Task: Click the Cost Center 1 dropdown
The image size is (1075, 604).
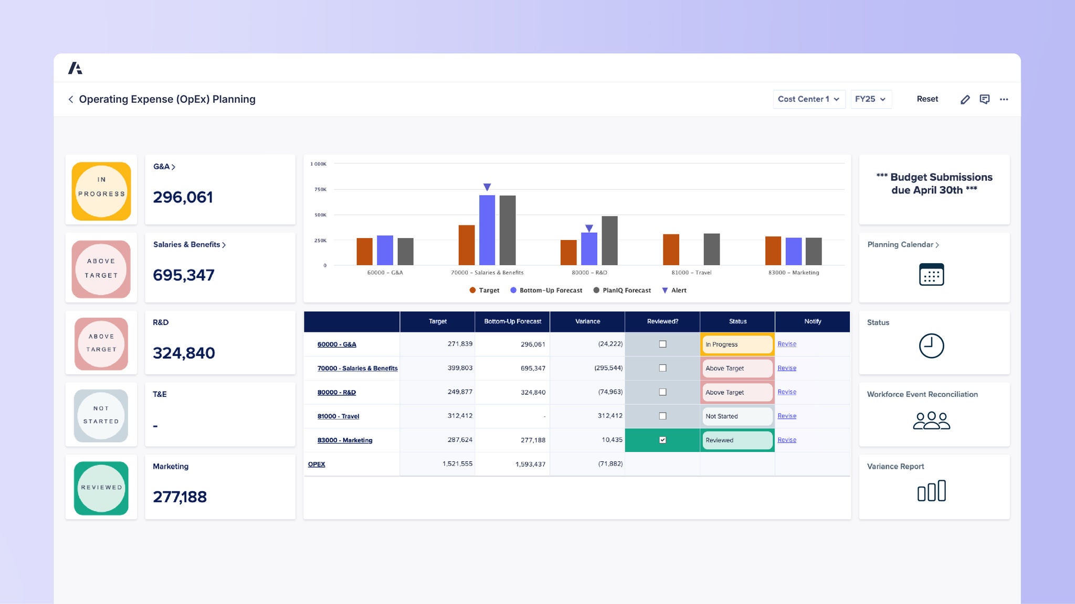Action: pyautogui.click(x=808, y=99)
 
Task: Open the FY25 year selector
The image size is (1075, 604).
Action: pyautogui.click(x=870, y=99)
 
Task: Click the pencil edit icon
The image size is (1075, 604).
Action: pyautogui.click(x=965, y=100)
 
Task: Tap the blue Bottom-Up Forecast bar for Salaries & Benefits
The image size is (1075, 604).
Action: pyautogui.click(x=487, y=230)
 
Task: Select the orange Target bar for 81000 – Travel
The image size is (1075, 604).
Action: pyautogui.click(x=671, y=250)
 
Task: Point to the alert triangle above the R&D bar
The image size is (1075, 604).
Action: pyautogui.click(x=589, y=229)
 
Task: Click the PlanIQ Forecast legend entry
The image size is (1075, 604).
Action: pyautogui.click(x=622, y=290)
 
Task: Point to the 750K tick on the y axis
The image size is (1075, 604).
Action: pyautogui.click(x=320, y=189)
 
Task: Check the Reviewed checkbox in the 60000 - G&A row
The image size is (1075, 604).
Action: pyautogui.click(x=662, y=344)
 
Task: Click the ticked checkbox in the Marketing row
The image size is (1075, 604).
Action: pyautogui.click(x=662, y=440)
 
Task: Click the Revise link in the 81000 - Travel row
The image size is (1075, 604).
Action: pyautogui.click(x=786, y=416)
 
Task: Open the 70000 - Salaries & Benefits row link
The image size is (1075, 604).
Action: pyautogui.click(x=357, y=369)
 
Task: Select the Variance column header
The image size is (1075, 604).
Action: pyautogui.click(x=587, y=321)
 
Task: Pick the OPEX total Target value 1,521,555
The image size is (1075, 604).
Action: pyautogui.click(x=457, y=464)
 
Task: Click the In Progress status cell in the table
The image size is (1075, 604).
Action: pyautogui.click(x=737, y=344)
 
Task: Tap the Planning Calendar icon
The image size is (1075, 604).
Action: pyautogui.click(x=931, y=275)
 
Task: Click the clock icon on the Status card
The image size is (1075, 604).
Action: pyautogui.click(x=931, y=346)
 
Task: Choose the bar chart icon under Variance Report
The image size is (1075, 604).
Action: pyautogui.click(x=931, y=491)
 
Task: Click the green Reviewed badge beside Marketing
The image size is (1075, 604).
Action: pyautogui.click(x=101, y=488)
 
